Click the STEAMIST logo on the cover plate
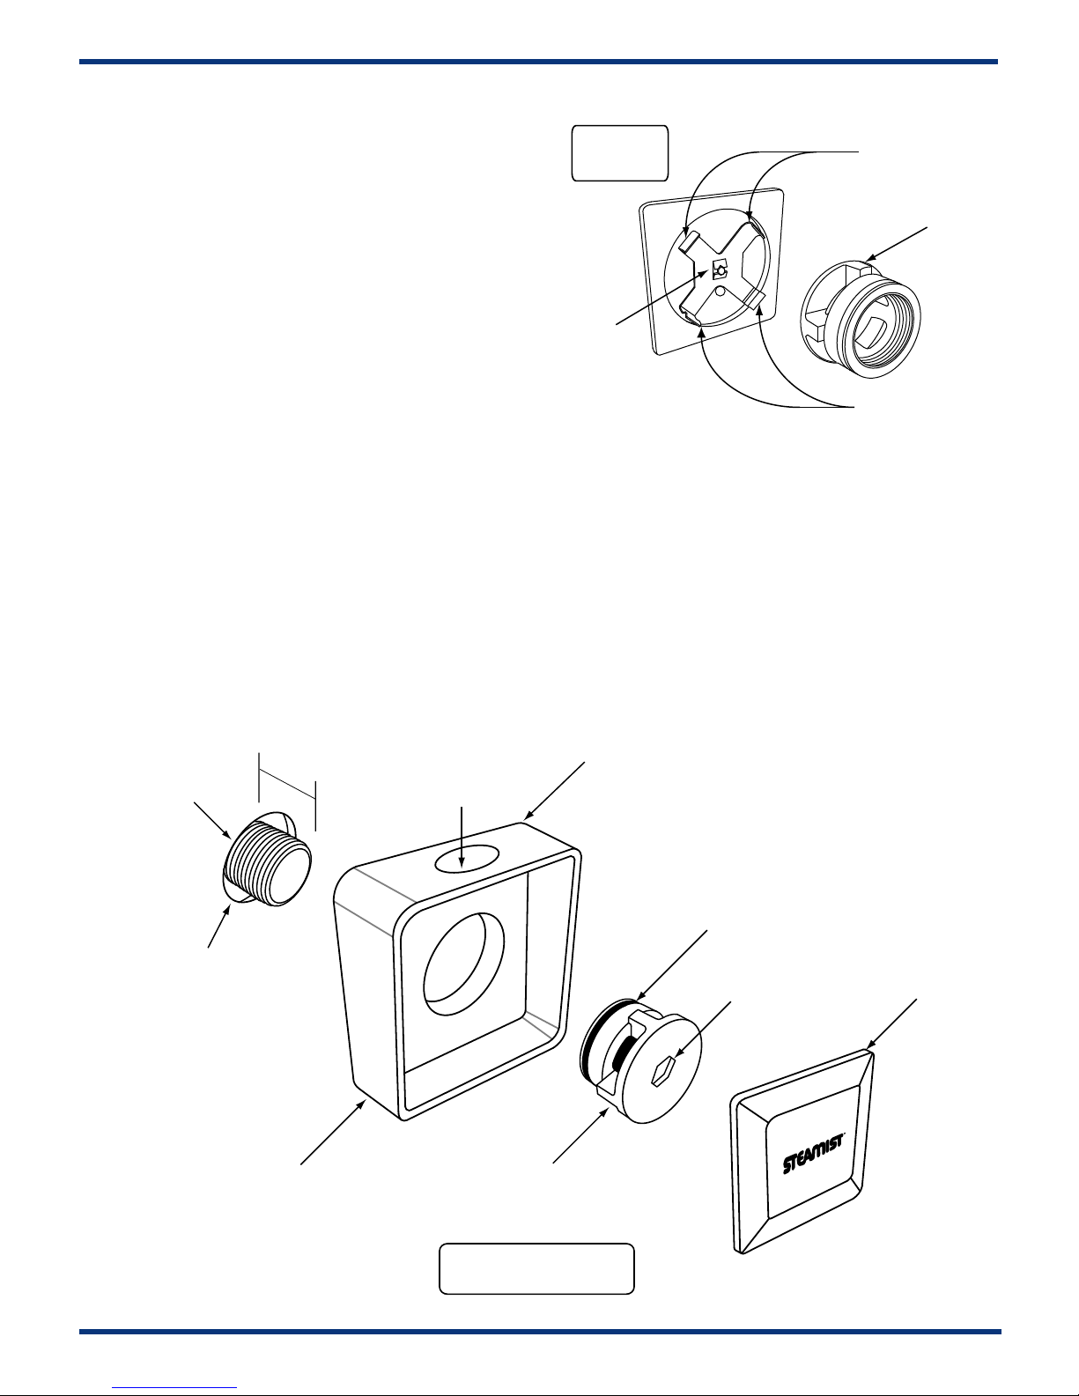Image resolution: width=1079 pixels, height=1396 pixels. (x=813, y=1154)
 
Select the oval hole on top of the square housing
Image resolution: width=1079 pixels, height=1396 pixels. (x=467, y=858)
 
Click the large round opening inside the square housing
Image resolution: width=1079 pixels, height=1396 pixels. (x=463, y=965)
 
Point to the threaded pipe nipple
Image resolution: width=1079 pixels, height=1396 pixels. (x=269, y=860)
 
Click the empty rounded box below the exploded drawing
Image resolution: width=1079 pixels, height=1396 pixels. (x=536, y=1268)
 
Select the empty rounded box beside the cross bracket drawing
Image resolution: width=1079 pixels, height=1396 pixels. (x=620, y=153)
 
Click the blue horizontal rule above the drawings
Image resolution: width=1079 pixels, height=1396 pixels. (x=538, y=62)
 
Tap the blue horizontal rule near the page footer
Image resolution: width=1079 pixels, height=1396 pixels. (x=540, y=1331)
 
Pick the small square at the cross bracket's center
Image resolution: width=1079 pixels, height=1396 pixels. (x=720, y=270)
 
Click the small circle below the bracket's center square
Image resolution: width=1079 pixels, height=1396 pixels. (x=721, y=291)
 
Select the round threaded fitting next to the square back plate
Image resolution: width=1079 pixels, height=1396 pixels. (x=861, y=319)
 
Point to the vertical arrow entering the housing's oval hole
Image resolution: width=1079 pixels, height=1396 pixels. (x=462, y=837)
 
